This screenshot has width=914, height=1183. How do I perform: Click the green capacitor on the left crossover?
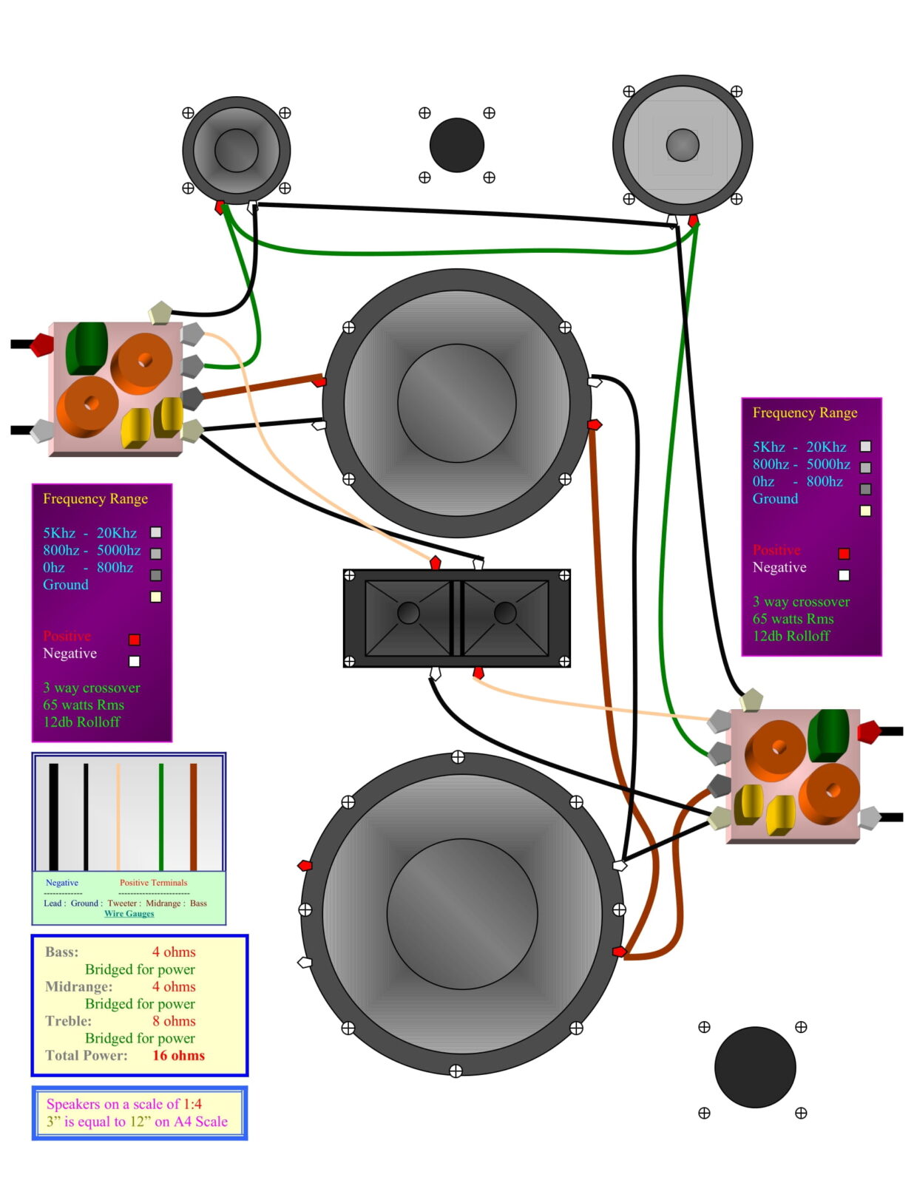[87, 348]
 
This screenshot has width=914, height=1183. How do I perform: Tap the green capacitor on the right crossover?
[828, 734]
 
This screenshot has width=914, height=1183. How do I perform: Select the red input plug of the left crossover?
[41, 344]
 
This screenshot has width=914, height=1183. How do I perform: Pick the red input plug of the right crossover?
[868, 732]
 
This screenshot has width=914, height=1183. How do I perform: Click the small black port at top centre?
[456, 145]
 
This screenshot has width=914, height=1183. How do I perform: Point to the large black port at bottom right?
[754, 1067]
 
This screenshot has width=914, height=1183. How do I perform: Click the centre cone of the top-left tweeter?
[236, 150]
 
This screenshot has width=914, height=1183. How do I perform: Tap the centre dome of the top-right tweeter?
[682, 145]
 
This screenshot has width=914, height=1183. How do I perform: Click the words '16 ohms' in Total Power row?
[178, 1055]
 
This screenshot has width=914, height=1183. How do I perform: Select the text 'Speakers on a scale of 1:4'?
[123, 1104]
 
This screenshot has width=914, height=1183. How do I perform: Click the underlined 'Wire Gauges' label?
[129, 913]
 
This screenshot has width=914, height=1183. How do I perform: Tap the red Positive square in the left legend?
[134, 640]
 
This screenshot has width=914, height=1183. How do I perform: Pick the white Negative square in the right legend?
[844, 575]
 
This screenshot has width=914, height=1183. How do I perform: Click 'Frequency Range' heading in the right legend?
[805, 413]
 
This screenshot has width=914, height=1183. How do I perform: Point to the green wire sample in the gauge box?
[160, 816]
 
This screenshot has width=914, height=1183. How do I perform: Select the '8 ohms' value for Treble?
[174, 1021]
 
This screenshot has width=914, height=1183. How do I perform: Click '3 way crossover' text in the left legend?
[91, 688]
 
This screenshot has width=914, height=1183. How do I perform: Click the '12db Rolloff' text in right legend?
[791, 636]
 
